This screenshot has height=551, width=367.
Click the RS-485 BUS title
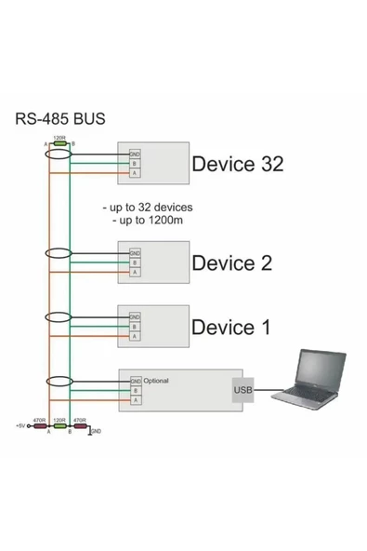(x=60, y=119)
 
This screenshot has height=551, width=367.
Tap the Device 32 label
(x=236, y=165)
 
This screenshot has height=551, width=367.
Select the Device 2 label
(x=231, y=263)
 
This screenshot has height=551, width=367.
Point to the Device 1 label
(x=230, y=328)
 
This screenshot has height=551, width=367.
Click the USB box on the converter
(x=242, y=390)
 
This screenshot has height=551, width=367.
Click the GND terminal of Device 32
(x=135, y=154)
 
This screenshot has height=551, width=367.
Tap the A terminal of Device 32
(x=135, y=174)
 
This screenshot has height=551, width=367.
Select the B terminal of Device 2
(x=135, y=263)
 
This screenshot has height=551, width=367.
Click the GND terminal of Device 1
(x=135, y=317)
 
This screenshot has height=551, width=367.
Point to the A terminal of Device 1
(x=135, y=337)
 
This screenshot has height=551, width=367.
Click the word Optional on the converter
(x=156, y=381)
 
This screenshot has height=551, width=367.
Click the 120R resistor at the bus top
(x=59, y=144)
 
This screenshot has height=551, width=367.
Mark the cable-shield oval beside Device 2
(x=59, y=253)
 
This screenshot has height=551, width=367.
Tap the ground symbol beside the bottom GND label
(x=89, y=432)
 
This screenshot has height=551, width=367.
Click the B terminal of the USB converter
(x=135, y=392)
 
